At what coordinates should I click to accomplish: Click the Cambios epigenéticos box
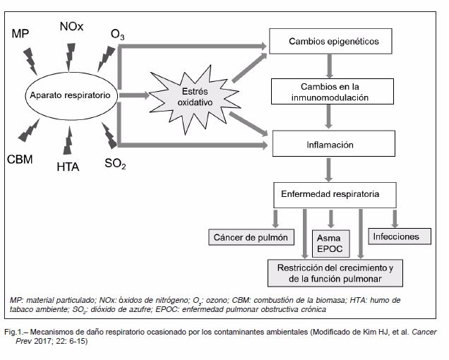[x=333, y=42]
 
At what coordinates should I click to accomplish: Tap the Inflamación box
[x=330, y=145]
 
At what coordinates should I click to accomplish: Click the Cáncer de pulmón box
[x=250, y=237]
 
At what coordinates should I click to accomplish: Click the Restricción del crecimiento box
[x=335, y=274]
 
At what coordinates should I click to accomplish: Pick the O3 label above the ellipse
[x=118, y=35]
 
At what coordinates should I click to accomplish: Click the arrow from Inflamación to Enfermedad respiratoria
[x=329, y=169]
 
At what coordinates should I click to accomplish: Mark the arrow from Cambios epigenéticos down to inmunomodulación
[x=329, y=66]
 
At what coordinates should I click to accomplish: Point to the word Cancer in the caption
[x=419, y=331]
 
